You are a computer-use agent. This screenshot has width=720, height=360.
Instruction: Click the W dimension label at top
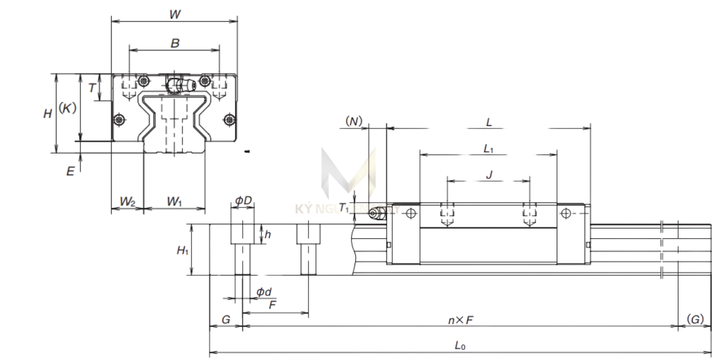tap(174, 14)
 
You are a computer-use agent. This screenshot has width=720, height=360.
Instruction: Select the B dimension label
tap(175, 43)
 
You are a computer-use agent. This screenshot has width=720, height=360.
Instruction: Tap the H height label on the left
tap(47, 113)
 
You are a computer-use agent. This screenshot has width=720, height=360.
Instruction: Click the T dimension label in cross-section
tap(91, 88)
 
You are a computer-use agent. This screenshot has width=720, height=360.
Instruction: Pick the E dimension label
tap(70, 172)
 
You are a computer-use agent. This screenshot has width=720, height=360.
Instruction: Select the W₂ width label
tap(127, 202)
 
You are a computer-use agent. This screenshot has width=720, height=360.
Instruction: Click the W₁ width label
tap(175, 202)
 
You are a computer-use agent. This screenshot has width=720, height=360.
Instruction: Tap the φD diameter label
tap(243, 199)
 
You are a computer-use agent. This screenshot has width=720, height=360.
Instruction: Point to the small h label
tap(268, 235)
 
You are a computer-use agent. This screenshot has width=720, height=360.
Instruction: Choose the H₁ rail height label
tap(182, 250)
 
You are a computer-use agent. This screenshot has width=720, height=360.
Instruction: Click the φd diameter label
tap(264, 292)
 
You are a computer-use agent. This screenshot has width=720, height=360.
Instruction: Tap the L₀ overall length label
tap(460, 346)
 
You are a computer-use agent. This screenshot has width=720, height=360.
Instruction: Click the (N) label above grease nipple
tap(355, 122)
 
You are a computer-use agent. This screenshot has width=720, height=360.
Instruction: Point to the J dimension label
tap(488, 174)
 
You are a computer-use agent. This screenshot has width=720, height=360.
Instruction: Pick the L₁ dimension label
tap(488, 148)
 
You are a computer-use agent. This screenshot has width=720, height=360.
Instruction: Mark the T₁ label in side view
tap(343, 208)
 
